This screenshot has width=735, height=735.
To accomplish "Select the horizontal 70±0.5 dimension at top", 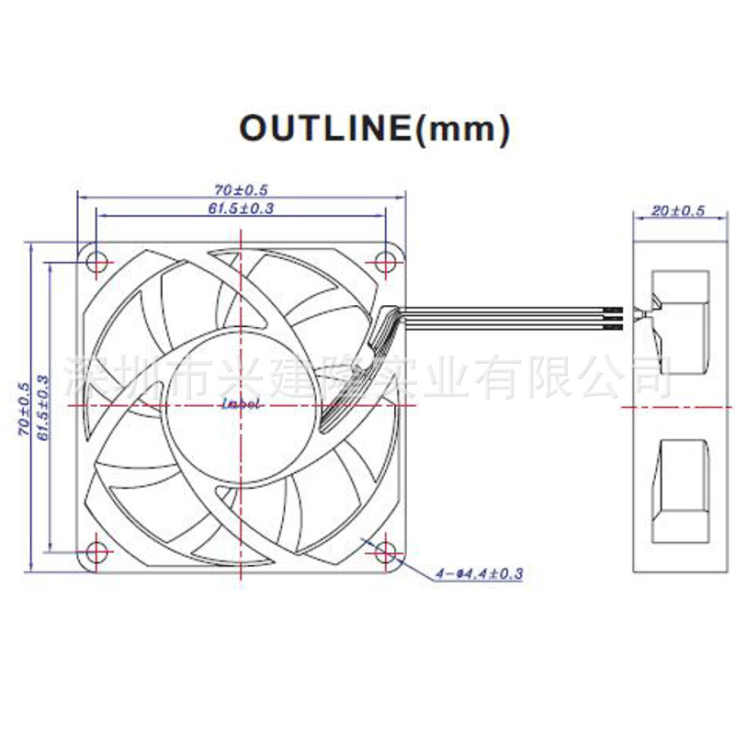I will [241, 189].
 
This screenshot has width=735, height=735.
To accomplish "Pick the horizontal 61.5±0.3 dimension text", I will [241, 209].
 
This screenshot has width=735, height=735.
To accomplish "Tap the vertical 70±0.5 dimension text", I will [26, 405].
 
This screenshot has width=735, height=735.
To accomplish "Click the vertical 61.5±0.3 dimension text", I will [42, 405].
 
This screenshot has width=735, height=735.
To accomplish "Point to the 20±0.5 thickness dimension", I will [677, 210].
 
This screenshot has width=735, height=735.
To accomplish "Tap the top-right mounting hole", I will [385, 261].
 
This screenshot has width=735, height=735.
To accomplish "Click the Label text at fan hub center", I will [242, 403].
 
